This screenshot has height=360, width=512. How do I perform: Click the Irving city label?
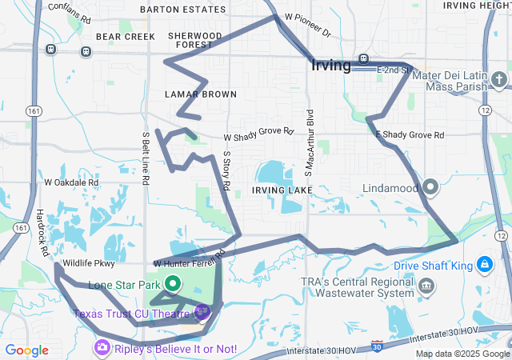[x=330, y=66]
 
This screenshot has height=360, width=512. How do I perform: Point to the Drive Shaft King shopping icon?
[x=485, y=264]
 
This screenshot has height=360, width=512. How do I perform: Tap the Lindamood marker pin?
[x=431, y=188]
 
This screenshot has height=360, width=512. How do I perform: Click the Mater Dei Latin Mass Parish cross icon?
[x=499, y=79]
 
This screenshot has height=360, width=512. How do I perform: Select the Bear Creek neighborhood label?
[x=125, y=37]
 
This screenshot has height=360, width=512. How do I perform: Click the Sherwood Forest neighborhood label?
[x=195, y=40]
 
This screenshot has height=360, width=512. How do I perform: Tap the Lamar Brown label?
[x=201, y=94]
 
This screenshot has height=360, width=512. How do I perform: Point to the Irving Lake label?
[x=278, y=190]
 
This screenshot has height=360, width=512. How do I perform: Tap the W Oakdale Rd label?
[x=71, y=182]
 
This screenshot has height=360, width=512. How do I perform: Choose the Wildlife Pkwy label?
[x=89, y=262]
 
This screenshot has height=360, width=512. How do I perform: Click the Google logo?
[x=26, y=350]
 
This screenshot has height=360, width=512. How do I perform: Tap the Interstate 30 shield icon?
[x=377, y=346]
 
